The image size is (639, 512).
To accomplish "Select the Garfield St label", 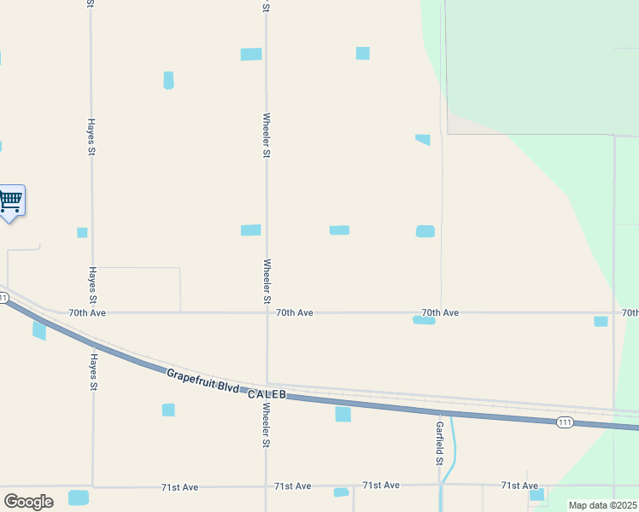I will tap(440, 443).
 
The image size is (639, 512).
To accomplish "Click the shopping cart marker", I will tap(11, 201).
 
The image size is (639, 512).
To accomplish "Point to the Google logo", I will tap(28, 502).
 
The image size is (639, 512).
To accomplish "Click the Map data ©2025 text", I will tap(602, 505).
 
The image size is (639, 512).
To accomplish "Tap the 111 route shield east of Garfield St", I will tap(565, 422).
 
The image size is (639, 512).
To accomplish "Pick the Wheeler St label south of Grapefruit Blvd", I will tap(267, 426).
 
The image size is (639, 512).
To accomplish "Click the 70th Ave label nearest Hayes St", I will tap(87, 313).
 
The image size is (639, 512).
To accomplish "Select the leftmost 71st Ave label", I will tap(179, 487).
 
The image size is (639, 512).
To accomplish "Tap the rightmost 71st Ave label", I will tap(519, 486).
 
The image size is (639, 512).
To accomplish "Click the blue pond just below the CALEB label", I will tap(343, 414).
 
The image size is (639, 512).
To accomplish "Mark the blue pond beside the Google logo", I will tap(79, 497).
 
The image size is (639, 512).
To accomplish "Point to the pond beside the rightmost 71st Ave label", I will tap(536, 495).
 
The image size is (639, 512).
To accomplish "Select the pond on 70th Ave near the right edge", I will tap(601, 321).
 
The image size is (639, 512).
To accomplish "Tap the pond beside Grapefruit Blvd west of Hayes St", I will tap(39, 330).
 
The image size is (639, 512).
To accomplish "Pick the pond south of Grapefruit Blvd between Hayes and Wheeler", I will tap(168, 410).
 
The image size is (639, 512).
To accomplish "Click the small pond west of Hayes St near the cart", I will tap(82, 232).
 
